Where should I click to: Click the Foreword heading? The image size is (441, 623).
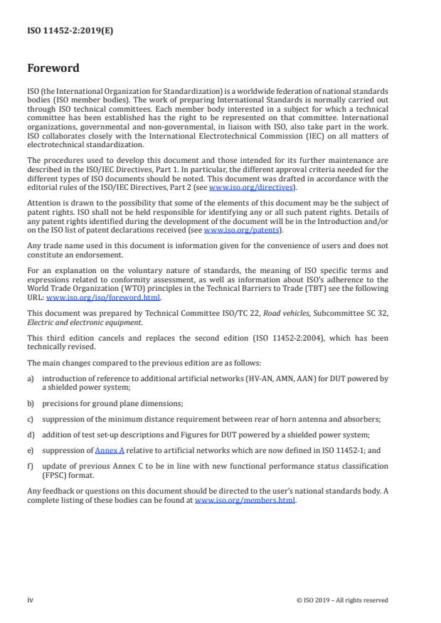pyautogui.click(x=53, y=69)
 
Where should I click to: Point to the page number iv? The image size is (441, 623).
pyautogui.click(x=31, y=600)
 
